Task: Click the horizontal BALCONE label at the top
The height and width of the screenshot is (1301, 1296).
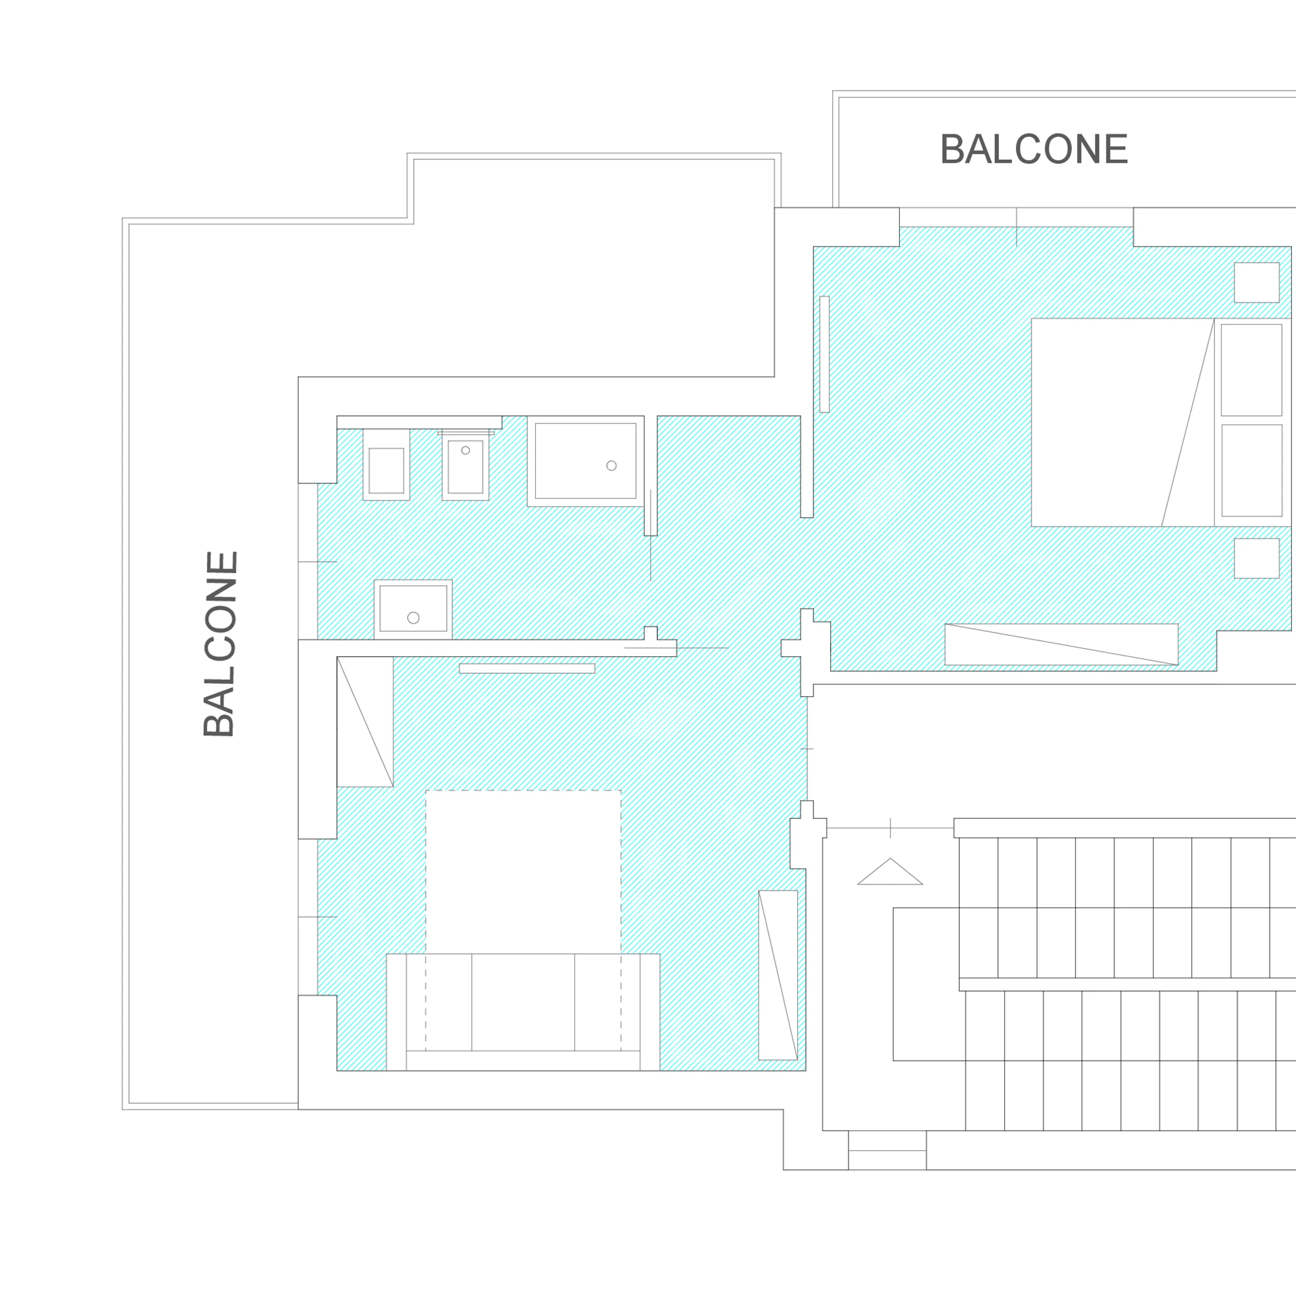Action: tap(1033, 149)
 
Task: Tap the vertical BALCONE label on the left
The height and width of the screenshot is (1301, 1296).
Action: tap(220, 644)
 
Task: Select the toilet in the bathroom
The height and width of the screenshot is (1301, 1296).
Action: tap(386, 464)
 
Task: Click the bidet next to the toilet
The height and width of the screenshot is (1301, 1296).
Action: tap(465, 465)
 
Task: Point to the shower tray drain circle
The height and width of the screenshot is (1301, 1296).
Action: tap(612, 466)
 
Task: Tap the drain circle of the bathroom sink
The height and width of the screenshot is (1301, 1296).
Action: tap(414, 618)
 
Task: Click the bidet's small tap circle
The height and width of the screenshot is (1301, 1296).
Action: tap(466, 450)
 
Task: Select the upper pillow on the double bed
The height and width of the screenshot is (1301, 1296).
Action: tap(1251, 370)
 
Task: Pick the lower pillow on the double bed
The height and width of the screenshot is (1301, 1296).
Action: tap(1251, 471)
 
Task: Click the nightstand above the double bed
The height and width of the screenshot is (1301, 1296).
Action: tap(1257, 282)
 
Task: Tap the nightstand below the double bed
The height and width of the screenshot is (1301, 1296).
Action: tap(1257, 558)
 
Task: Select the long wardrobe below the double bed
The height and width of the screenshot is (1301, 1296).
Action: tap(1062, 644)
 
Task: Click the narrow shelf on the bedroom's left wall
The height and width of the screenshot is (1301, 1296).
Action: tap(824, 354)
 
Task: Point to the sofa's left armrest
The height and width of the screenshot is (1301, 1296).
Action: tap(396, 1012)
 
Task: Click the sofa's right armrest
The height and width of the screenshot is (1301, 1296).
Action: tap(650, 1012)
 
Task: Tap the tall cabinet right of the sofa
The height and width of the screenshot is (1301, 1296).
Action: tap(778, 975)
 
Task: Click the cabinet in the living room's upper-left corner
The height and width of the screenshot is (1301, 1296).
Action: tap(365, 722)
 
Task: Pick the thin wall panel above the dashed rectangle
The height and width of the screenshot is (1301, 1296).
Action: tap(527, 668)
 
